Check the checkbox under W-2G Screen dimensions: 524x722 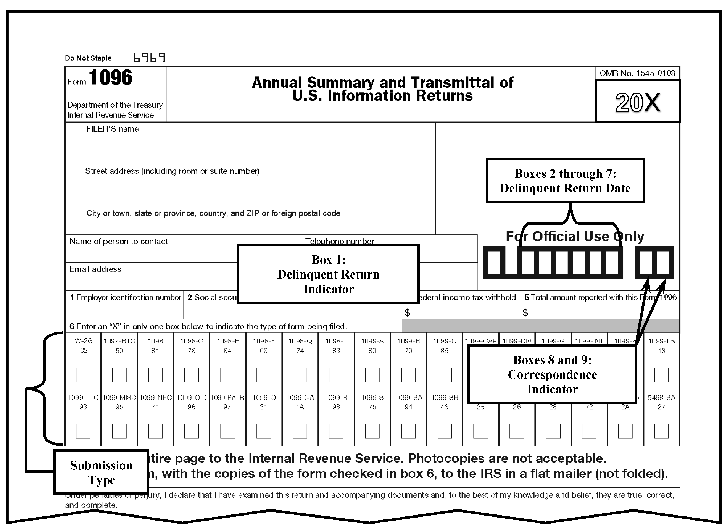[83, 374]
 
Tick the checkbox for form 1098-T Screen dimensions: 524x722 [336, 374]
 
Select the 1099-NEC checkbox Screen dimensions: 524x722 [155, 431]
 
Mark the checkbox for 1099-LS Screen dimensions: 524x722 [661, 374]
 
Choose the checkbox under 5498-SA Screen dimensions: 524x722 [661, 431]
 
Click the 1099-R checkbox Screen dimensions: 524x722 [336, 431]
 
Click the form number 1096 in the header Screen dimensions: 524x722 [110, 78]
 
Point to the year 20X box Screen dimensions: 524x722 [637, 102]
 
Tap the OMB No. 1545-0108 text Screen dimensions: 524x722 [637, 73]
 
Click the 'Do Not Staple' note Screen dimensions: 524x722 [88, 58]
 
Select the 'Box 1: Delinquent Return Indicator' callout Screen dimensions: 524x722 [328, 274]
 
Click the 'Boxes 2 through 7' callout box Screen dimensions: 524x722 [565, 181]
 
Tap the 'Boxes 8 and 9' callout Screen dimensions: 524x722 [552, 374]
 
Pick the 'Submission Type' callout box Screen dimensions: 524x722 [101, 472]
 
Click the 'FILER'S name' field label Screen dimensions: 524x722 [113, 129]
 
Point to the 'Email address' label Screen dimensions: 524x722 [95, 269]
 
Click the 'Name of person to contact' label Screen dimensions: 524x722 [118, 241]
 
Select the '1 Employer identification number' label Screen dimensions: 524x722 [125, 297]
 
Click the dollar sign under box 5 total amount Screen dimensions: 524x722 [525, 313]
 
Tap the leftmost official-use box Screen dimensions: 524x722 [494, 262]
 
